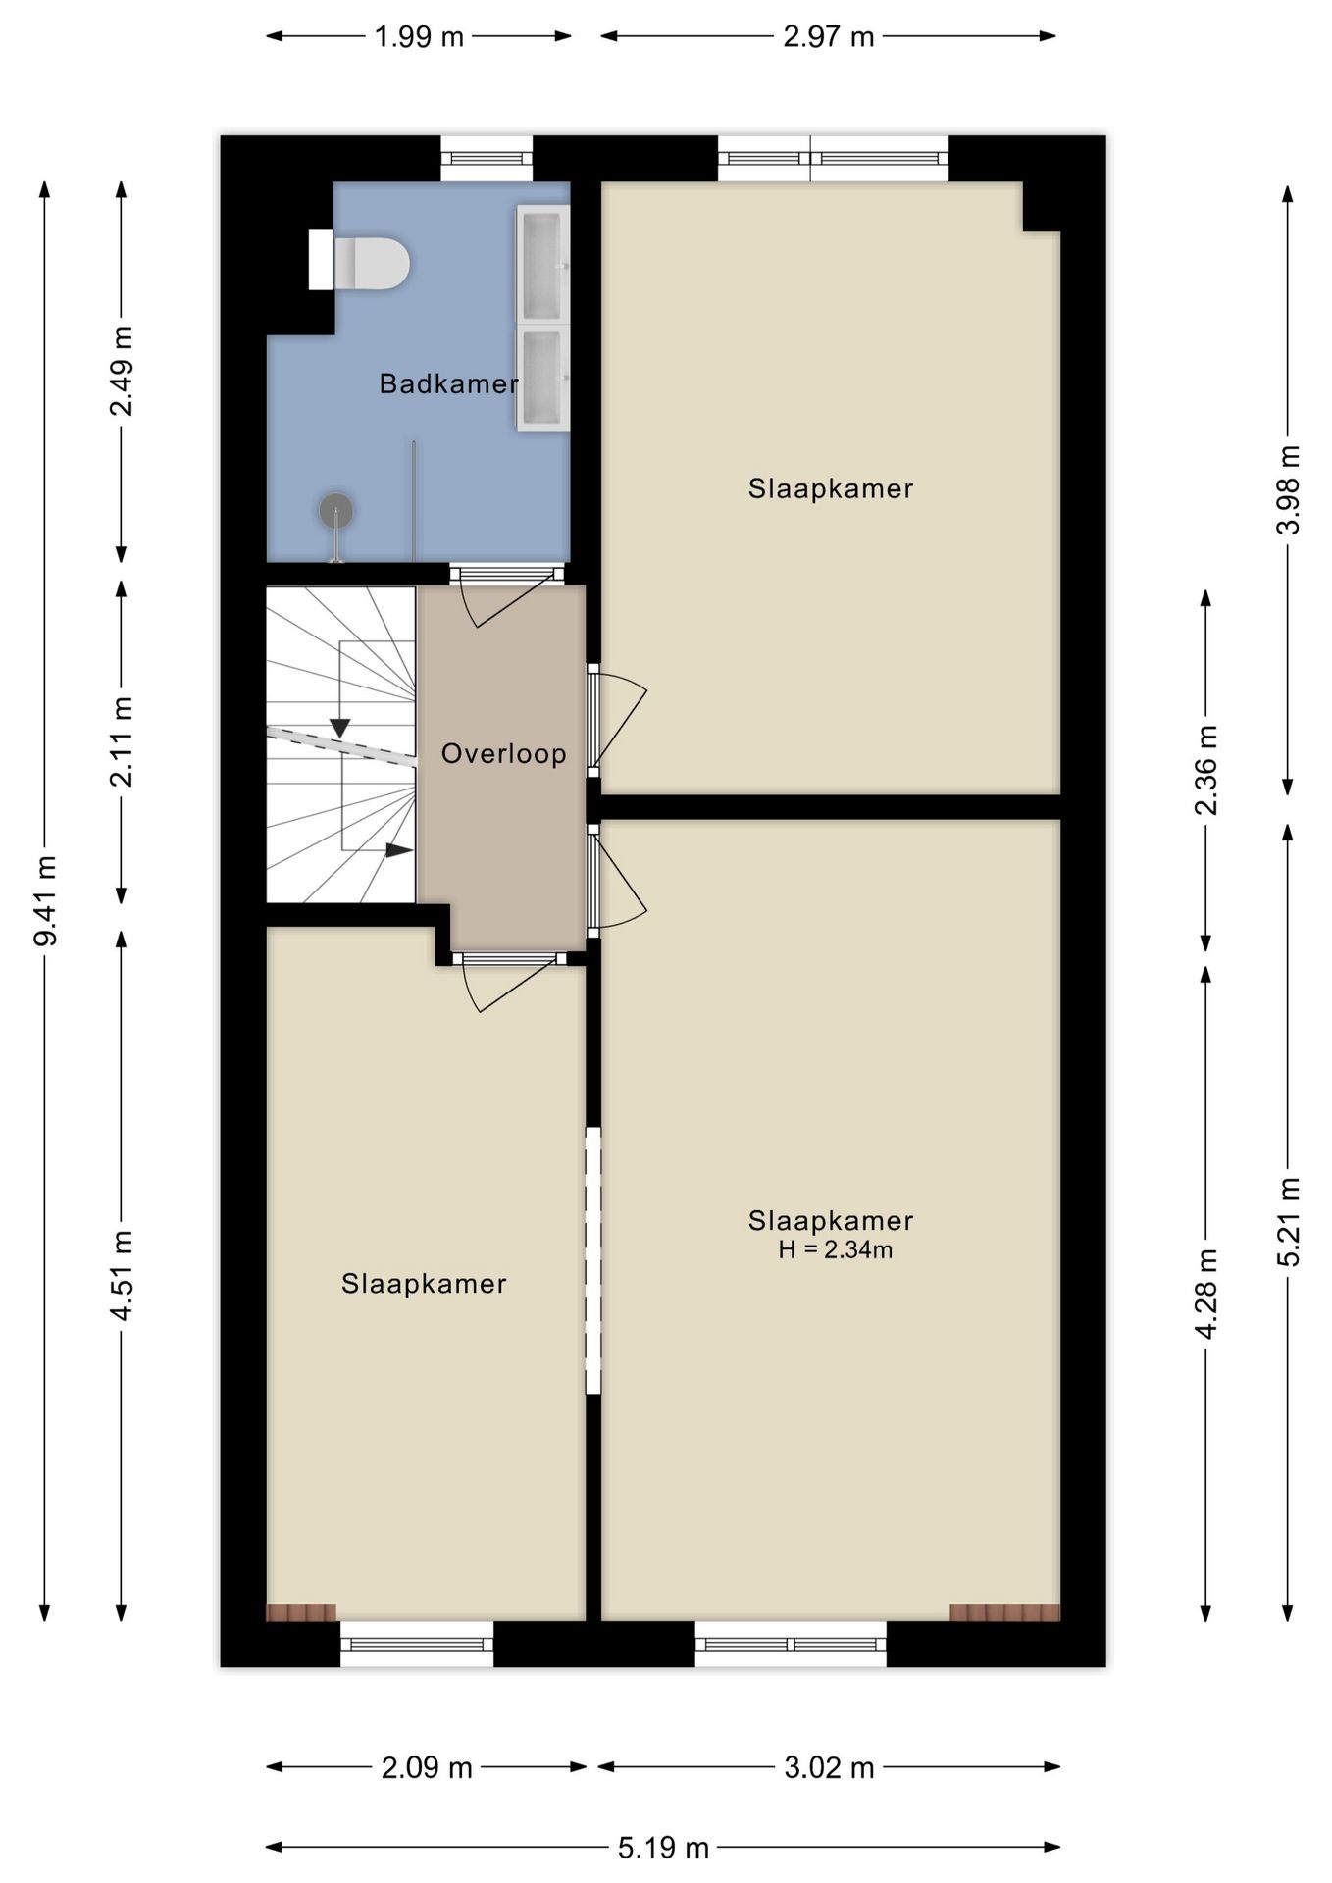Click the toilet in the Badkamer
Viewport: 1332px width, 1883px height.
[359, 262]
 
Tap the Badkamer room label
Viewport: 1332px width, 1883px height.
[449, 383]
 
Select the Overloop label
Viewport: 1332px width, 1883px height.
[504, 753]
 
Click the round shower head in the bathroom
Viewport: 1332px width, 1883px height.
[335, 510]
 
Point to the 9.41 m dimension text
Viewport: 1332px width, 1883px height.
[45, 900]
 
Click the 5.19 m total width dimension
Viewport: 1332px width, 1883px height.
[663, 1848]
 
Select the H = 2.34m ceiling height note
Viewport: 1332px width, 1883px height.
[836, 1249]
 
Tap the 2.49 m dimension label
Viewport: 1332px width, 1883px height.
[123, 371]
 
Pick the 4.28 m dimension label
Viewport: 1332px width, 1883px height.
[1206, 1293]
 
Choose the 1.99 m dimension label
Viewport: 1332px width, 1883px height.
[419, 37]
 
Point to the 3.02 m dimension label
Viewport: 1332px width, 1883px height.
[829, 1767]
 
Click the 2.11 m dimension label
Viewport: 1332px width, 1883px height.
[123, 741]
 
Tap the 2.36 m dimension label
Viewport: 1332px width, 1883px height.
[1206, 770]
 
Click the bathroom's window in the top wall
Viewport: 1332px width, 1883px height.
[487, 159]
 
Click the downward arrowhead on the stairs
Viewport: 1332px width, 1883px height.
[339, 728]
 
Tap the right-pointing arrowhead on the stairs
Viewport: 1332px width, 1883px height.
[398, 850]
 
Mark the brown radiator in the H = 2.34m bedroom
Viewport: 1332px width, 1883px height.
[1005, 1612]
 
